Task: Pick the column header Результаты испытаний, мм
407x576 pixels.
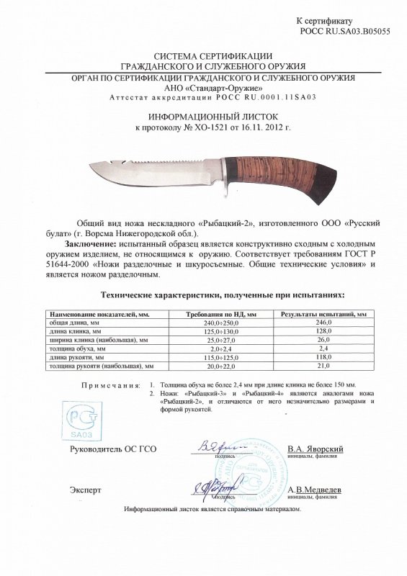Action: click(324, 315)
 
